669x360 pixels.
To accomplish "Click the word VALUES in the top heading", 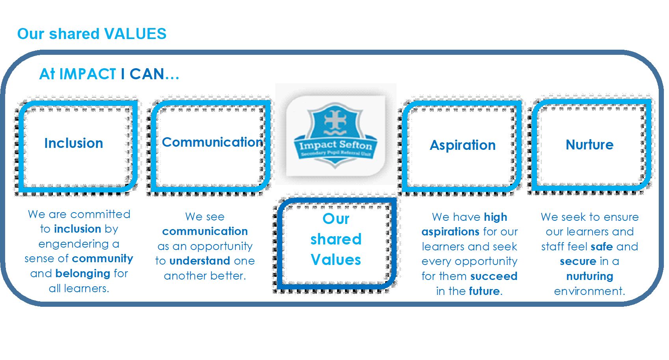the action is pyautogui.click(x=135, y=34).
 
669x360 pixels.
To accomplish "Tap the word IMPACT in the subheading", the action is pyautogui.click(x=88, y=74).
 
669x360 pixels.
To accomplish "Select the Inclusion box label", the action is pyautogui.click(x=74, y=143).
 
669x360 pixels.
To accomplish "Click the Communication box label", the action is pyautogui.click(x=212, y=142).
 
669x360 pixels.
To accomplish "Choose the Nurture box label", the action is pyautogui.click(x=589, y=145).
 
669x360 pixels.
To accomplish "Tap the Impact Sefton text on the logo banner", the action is pyautogui.click(x=336, y=145).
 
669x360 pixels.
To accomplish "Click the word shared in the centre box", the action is pyautogui.click(x=336, y=239).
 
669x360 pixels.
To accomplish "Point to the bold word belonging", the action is pyautogui.click(x=83, y=274).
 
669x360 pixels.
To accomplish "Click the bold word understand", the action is pyautogui.click(x=199, y=261).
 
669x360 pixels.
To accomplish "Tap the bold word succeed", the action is pyautogui.click(x=494, y=276).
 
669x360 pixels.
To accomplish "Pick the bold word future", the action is pyautogui.click(x=484, y=291).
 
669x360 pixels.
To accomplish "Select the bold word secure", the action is pyautogui.click(x=578, y=261).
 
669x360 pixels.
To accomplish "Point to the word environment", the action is pyautogui.click(x=589, y=291).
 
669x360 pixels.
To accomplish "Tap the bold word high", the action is pyautogui.click(x=496, y=217).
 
